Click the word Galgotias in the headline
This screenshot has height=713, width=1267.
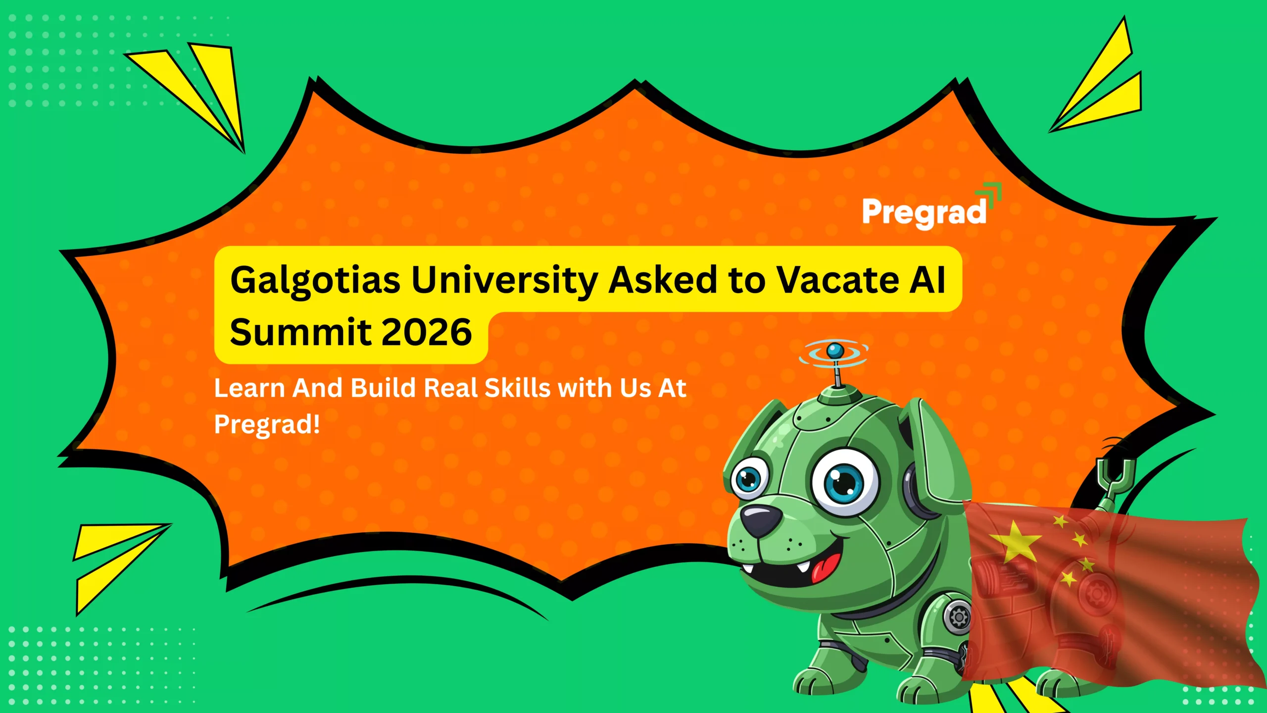(x=315, y=281)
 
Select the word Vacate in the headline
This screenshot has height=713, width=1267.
(x=837, y=280)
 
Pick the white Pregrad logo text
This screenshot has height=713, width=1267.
(x=924, y=212)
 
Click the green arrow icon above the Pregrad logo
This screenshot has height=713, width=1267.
(x=990, y=193)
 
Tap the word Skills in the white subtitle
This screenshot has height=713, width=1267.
(x=517, y=388)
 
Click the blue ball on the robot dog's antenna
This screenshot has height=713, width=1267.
(x=835, y=351)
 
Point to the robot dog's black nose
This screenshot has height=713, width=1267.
(x=762, y=521)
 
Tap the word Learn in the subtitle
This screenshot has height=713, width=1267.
(x=249, y=388)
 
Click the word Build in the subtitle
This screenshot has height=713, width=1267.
(x=383, y=388)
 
